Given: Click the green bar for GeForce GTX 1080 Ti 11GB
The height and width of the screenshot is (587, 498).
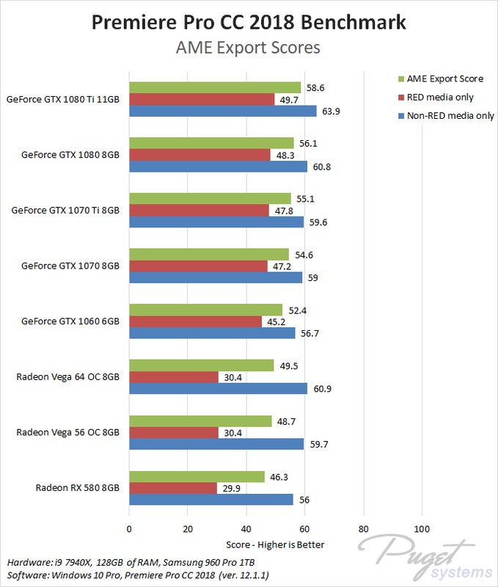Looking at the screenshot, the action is click(215, 87).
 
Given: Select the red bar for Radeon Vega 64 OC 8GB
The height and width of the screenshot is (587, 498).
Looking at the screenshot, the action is click(174, 377).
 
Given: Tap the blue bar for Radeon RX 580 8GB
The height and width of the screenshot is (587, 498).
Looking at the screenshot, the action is click(211, 500).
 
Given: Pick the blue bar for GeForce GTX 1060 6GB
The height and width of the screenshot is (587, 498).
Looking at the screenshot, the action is click(212, 333).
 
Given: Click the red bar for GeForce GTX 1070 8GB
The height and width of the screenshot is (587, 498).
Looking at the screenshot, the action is click(198, 266).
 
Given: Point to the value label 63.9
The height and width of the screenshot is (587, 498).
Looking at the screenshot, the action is click(331, 112).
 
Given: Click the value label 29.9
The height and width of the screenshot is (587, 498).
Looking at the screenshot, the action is click(231, 488).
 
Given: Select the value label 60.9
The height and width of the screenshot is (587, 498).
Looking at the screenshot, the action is click(322, 389).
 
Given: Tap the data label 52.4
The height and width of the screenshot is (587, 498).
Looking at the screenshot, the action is click(298, 310).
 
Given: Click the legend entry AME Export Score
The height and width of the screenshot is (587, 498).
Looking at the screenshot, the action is click(441, 79).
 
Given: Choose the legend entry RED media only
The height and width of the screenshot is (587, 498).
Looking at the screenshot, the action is click(436, 98).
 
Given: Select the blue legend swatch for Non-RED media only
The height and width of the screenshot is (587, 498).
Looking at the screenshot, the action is click(401, 116).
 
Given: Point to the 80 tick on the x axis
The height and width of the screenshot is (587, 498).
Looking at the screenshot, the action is click(363, 528).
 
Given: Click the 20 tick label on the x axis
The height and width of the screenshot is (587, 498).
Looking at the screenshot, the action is click(188, 528).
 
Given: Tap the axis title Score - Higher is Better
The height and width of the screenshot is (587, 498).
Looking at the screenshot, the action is click(275, 544).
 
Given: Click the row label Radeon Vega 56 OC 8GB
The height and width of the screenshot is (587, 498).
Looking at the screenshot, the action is click(67, 432).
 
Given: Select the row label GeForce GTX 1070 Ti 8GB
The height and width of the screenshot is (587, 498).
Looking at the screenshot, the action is click(65, 210).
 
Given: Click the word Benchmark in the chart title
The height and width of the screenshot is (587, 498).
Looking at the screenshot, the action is click(354, 22).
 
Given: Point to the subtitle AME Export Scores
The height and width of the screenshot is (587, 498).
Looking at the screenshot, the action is click(248, 48).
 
